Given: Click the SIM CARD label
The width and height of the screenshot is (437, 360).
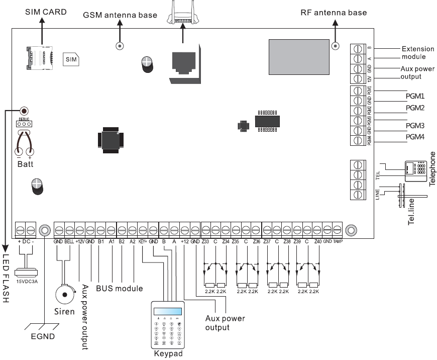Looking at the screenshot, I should coord(46,11).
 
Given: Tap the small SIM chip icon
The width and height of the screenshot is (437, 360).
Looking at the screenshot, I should coord(71,59).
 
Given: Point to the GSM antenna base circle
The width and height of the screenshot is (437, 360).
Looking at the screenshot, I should coord(120,46).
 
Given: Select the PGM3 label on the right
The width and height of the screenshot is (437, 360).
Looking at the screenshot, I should coord(415,125).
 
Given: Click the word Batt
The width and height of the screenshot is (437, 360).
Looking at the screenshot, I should coord(25,164).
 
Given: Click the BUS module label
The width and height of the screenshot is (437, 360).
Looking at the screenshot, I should coord(120,289).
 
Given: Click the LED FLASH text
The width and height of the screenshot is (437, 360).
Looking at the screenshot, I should coord(6,282).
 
